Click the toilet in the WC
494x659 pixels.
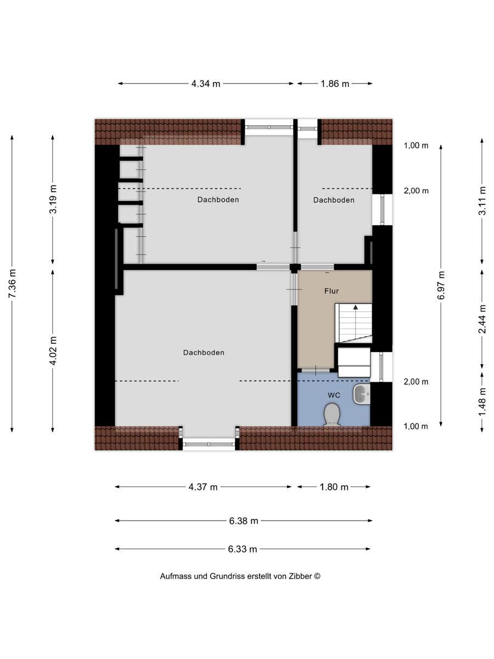[x=332, y=414]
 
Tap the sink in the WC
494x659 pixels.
[x=361, y=394]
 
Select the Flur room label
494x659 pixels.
[x=332, y=291]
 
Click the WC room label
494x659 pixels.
[x=334, y=395]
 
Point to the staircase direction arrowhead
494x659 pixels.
[x=356, y=307]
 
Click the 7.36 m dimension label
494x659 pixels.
[x=12, y=284]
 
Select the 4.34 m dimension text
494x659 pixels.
[x=206, y=84]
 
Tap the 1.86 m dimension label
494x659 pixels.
[x=335, y=84]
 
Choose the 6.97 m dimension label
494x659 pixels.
[x=441, y=285]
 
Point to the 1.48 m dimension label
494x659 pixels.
[x=482, y=402]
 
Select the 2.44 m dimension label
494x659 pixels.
[x=482, y=319]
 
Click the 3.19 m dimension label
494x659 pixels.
[x=53, y=199]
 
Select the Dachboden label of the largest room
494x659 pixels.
[x=204, y=353]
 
